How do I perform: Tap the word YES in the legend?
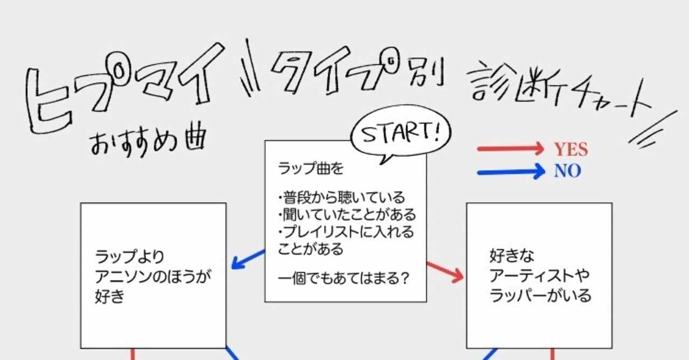click(571, 150)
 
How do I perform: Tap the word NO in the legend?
click(567, 171)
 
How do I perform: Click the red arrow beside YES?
click(511, 149)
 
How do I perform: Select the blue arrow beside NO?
click(511, 172)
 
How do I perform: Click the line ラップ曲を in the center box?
click(311, 168)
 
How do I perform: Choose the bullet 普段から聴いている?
click(343, 197)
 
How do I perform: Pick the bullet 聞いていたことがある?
click(348, 215)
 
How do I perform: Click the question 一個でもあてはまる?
click(342, 279)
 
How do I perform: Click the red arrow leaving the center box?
click(445, 272)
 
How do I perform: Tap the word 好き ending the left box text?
click(109, 296)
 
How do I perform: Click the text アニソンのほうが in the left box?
click(153, 277)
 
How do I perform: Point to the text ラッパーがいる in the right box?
click(540, 296)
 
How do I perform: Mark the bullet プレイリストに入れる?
click(348, 232)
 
